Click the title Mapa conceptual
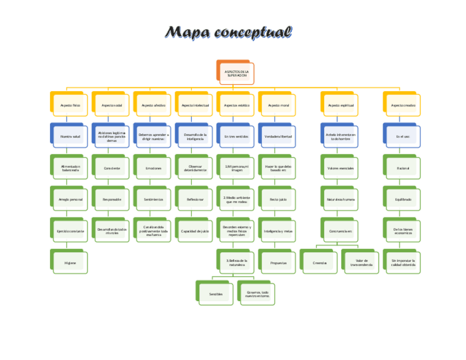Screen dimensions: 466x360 pos(229,32)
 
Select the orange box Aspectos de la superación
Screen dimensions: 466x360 pos(236,73)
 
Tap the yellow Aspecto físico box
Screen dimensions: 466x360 pos(69,105)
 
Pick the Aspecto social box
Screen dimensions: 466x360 pos(112,105)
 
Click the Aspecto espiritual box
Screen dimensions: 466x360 pos(340,105)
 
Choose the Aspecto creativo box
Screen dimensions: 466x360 pos(403,105)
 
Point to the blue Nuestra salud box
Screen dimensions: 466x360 pos(69,136)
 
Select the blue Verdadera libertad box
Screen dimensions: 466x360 pos(278,136)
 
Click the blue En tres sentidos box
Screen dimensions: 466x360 pos(236,136)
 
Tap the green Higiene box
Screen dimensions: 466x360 pos(69,263)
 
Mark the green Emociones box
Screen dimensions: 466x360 pos(153,168)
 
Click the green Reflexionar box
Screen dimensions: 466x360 pos(195,200)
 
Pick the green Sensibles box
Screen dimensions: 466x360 pos(215,294)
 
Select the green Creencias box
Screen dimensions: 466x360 pos(319,263)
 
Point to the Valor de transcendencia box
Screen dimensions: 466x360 pos(361,263)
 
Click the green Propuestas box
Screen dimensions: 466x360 pos(278,263)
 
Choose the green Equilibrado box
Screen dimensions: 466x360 pos(403,200)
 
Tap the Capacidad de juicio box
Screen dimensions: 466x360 pos(195,231)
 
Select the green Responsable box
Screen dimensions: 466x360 pos(112,200)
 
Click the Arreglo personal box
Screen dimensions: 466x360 pos(69,200)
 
